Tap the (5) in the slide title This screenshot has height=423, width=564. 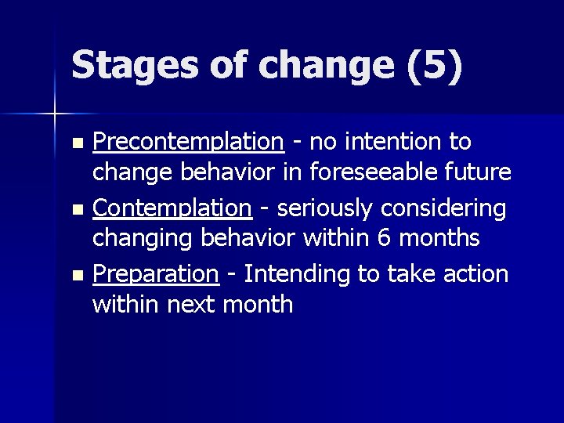tap(435, 65)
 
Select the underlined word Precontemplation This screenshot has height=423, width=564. tap(188, 142)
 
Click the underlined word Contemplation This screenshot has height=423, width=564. tap(172, 208)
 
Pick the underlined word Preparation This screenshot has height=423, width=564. tap(155, 274)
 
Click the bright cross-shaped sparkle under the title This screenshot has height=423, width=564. tap(55, 114)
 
